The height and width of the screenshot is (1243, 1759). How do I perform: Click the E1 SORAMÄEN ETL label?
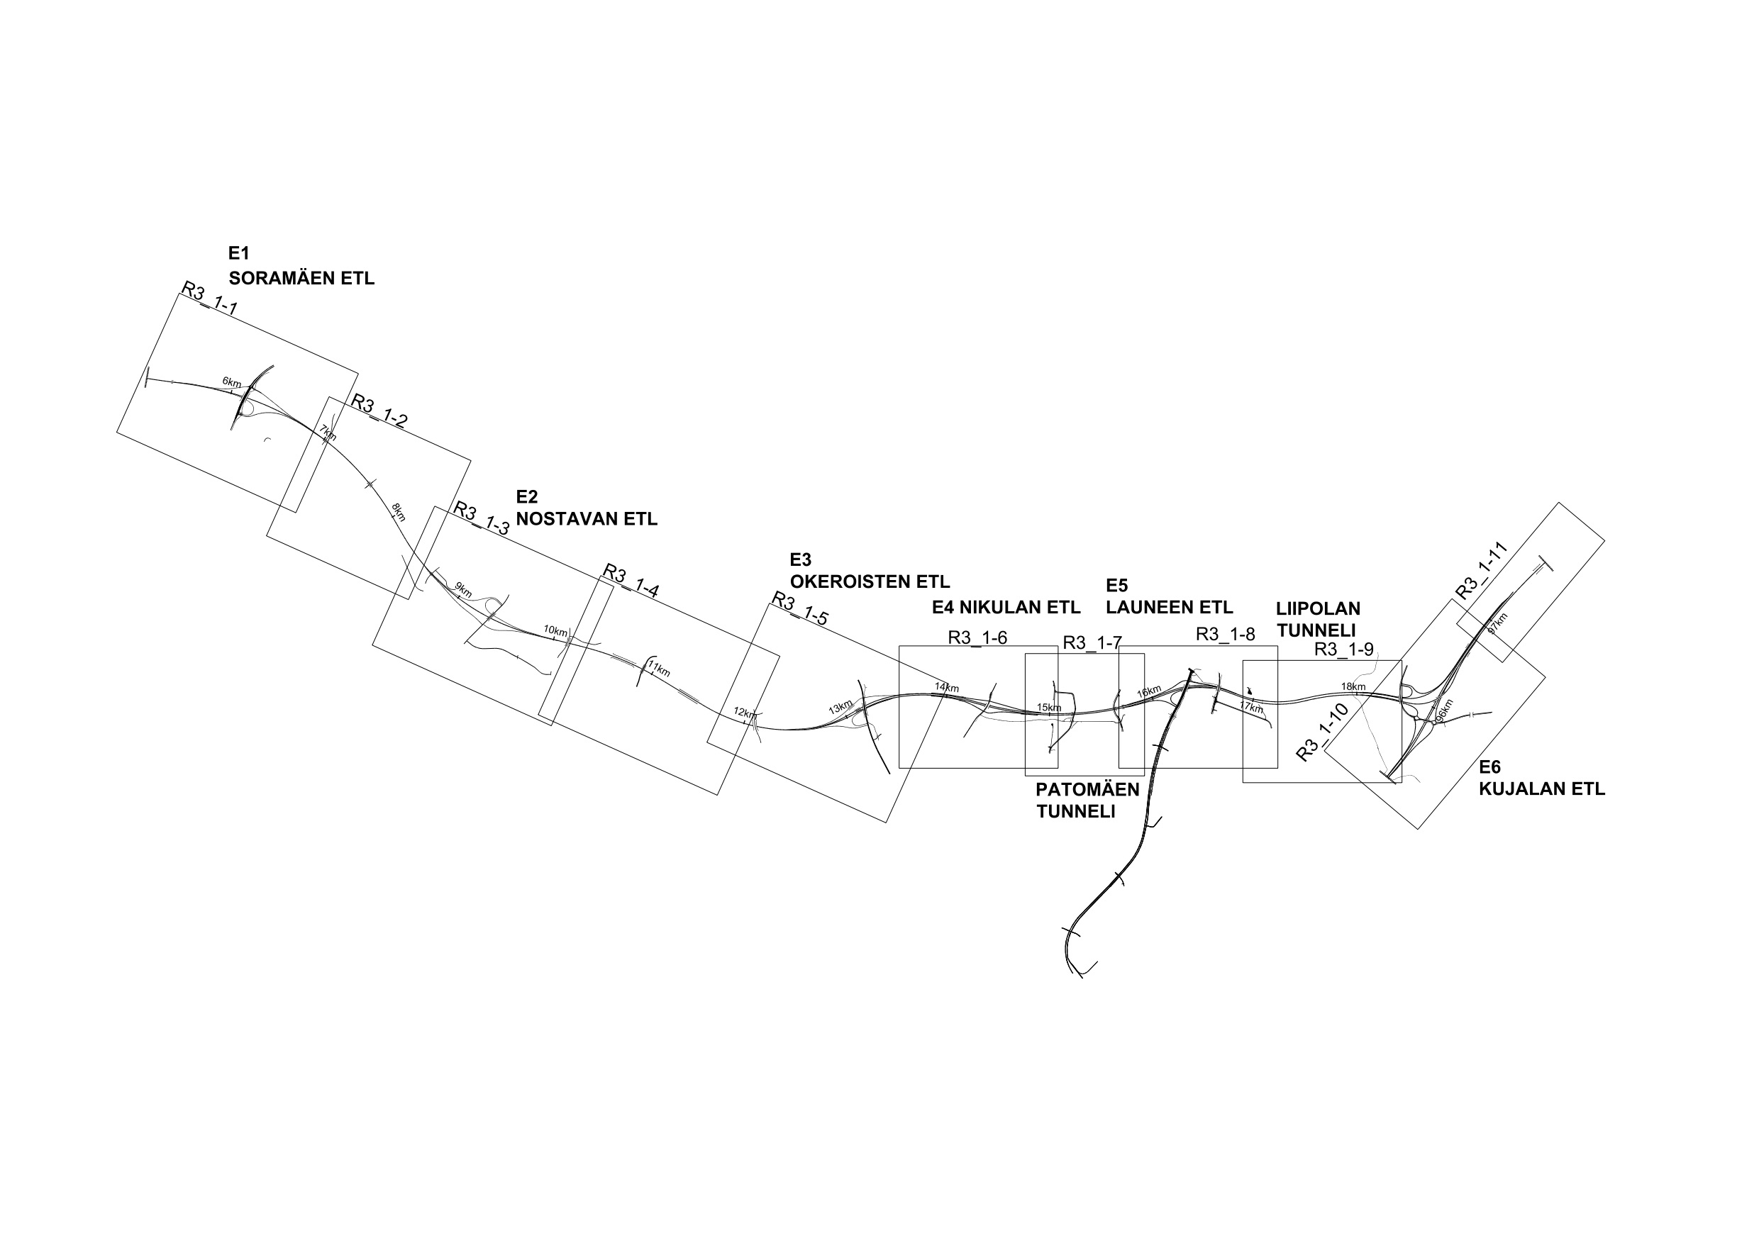tap(301, 266)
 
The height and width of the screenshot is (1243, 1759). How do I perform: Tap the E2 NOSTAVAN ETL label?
tap(586, 508)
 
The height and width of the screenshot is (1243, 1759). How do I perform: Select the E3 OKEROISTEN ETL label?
tap(870, 571)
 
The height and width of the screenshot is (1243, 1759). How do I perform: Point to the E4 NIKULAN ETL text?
tap(1006, 608)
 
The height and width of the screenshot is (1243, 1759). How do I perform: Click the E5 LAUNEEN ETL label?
tap(1169, 596)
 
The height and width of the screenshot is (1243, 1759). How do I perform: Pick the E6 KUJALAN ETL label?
tap(1541, 778)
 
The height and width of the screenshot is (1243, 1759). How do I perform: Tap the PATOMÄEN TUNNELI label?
tap(1087, 801)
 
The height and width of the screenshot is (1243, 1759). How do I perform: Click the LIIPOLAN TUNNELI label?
tap(1318, 619)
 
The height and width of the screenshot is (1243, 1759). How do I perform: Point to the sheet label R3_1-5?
tap(800, 609)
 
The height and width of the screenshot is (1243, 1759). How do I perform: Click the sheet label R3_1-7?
tap(1092, 643)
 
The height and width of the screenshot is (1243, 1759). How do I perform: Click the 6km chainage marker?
tap(231, 381)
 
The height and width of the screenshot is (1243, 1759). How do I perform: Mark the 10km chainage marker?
tap(555, 631)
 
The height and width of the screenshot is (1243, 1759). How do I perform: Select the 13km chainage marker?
tap(840, 708)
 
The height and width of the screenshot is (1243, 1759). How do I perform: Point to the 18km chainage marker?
tap(1353, 686)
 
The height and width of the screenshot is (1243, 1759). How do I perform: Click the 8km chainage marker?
tap(399, 513)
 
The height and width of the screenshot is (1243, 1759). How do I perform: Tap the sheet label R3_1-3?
tap(481, 518)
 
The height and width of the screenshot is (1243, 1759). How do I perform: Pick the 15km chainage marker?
tap(1049, 707)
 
